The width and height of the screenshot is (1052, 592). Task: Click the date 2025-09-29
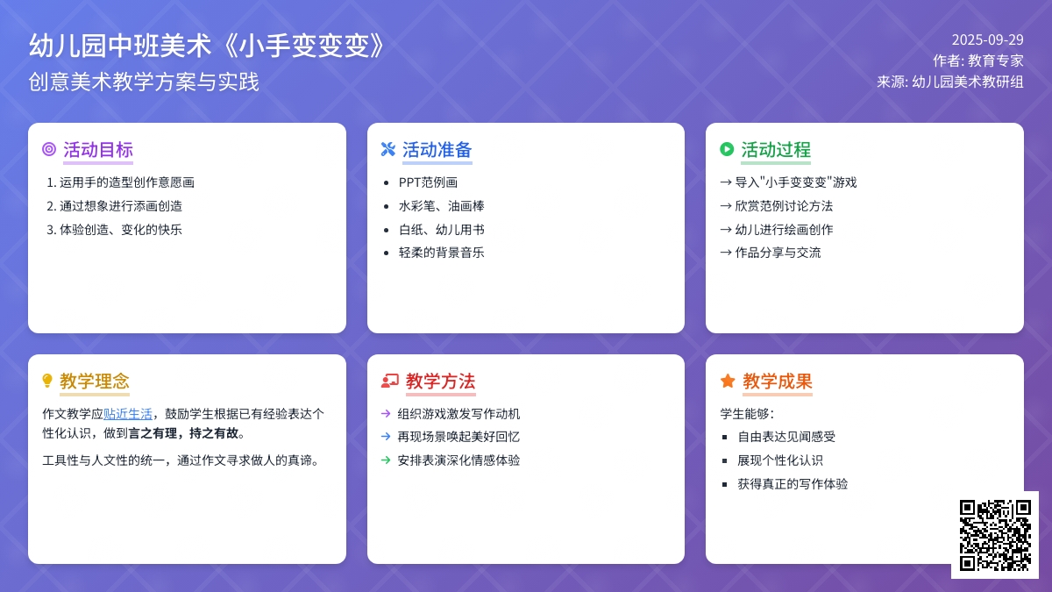tap(987, 40)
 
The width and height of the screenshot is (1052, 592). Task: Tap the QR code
tap(995, 535)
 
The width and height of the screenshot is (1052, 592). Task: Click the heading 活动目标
tap(98, 150)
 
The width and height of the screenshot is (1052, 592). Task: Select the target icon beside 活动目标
tap(49, 149)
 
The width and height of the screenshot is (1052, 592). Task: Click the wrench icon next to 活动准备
tap(387, 149)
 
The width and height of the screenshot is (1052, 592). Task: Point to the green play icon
tap(727, 149)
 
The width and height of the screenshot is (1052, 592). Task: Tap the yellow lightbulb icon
tap(47, 381)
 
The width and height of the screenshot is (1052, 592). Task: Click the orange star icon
tap(728, 381)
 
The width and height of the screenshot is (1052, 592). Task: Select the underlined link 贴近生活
tap(128, 414)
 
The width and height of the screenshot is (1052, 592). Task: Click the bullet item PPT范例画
tap(428, 182)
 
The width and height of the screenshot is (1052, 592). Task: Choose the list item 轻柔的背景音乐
tap(441, 253)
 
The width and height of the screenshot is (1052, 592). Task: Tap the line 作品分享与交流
tap(778, 253)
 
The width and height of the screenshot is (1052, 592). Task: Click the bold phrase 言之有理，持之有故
tap(183, 433)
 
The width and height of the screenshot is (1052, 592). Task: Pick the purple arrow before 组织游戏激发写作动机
tap(386, 413)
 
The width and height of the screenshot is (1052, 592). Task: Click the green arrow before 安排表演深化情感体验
tap(386, 460)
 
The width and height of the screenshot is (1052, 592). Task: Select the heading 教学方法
tap(440, 381)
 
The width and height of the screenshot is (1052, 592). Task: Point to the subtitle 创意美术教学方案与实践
tap(144, 82)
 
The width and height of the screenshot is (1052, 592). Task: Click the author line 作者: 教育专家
tap(978, 61)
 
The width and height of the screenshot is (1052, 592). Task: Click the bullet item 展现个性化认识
tap(780, 460)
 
